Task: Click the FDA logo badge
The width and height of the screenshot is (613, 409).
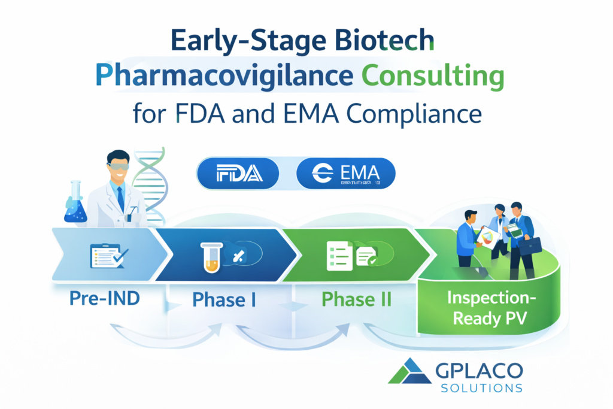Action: tap(238, 173)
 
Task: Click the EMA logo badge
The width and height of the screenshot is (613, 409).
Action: tap(345, 173)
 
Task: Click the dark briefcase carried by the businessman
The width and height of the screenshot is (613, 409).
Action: tap(529, 244)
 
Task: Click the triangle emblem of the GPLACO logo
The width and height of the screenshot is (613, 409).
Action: tap(409, 371)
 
